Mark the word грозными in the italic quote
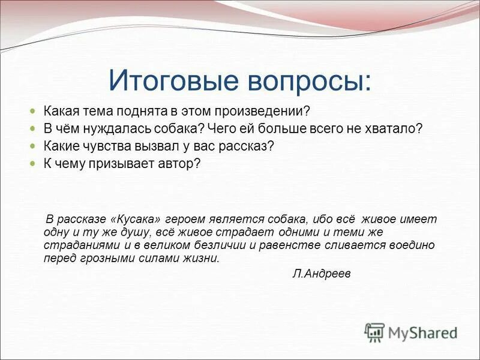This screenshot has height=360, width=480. tap(97, 259)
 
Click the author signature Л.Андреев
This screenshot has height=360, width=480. tap(321, 274)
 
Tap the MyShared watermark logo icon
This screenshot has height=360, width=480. tap(374, 332)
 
